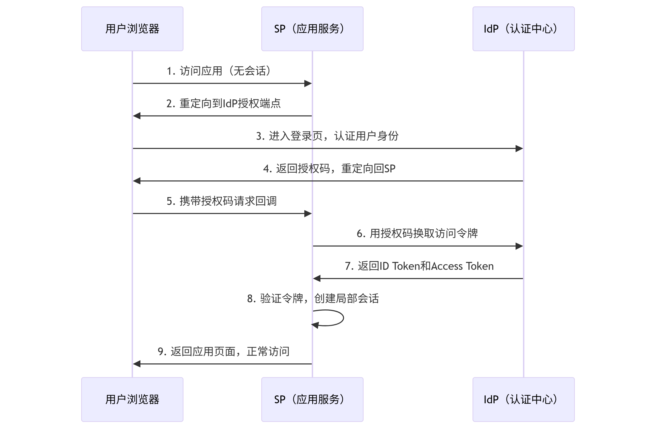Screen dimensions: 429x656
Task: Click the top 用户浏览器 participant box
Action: (x=132, y=29)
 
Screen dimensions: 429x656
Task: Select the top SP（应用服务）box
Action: (x=312, y=29)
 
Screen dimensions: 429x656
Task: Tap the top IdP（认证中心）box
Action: (x=523, y=29)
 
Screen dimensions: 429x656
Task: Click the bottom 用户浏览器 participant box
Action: (x=132, y=399)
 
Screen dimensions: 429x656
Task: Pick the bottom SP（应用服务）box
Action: (x=312, y=399)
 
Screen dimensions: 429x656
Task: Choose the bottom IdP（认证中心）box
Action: (x=523, y=399)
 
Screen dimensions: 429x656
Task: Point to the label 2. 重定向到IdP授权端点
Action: (x=223, y=103)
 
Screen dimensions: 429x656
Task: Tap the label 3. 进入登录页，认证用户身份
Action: (x=327, y=136)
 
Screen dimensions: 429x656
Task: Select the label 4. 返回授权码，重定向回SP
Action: (x=329, y=168)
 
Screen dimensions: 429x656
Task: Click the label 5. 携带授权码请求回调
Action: (x=221, y=201)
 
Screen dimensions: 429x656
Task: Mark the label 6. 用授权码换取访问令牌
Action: (x=417, y=233)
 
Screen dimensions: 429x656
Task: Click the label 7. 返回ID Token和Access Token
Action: (x=419, y=266)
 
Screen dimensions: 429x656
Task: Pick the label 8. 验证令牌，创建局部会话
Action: (x=313, y=298)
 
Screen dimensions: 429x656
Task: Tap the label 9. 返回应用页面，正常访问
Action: (x=223, y=351)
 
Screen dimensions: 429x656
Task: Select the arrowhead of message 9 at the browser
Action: (x=137, y=364)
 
